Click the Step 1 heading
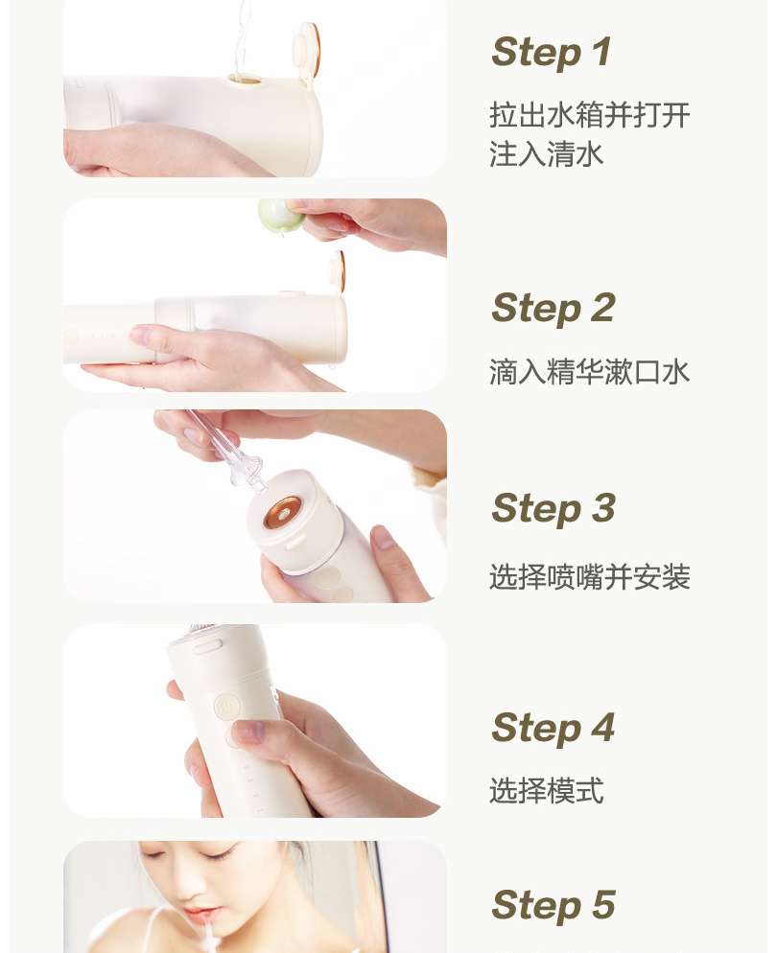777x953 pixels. [551, 53]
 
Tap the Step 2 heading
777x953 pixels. [553, 308]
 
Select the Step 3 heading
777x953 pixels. [553, 508]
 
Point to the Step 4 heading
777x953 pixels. [553, 728]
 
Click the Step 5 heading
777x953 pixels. [553, 905]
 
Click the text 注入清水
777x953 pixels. [546, 153]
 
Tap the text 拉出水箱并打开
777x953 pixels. [590, 115]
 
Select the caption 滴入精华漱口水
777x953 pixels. [590, 372]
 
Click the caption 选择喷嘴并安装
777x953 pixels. [590, 577]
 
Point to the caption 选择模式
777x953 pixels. [546, 791]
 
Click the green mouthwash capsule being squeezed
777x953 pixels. [280, 215]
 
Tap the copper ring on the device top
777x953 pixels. [283, 512]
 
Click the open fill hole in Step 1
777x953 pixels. [245, 80]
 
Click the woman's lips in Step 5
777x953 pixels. [199, 916]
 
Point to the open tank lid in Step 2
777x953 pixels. [337, 271]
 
